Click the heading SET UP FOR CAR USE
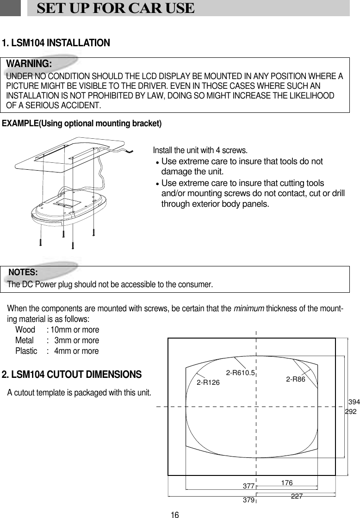[x=115, y=8]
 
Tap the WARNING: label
[x=29, y=63]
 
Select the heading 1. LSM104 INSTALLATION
[x=56, y=43]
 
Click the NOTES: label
[x=23, y=271]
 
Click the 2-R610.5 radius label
[x=241, y=372]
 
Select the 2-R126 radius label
[x=208, y=382]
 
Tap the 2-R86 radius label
[x=297, y=379]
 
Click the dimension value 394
[x=354, y=402]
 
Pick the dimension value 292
[x=351, y=411]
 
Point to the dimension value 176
[x=286, y=483]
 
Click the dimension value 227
[x=297, y=496]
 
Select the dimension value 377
[x=249, y=487]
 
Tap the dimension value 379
[x=249, y=500]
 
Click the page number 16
[x=174, y=514]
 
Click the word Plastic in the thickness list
[x=26, y=351]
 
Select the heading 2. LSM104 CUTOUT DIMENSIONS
[x=72, y=374]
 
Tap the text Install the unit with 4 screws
[x=200, y=151]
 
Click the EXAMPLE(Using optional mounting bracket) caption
[x=82, y=123]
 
